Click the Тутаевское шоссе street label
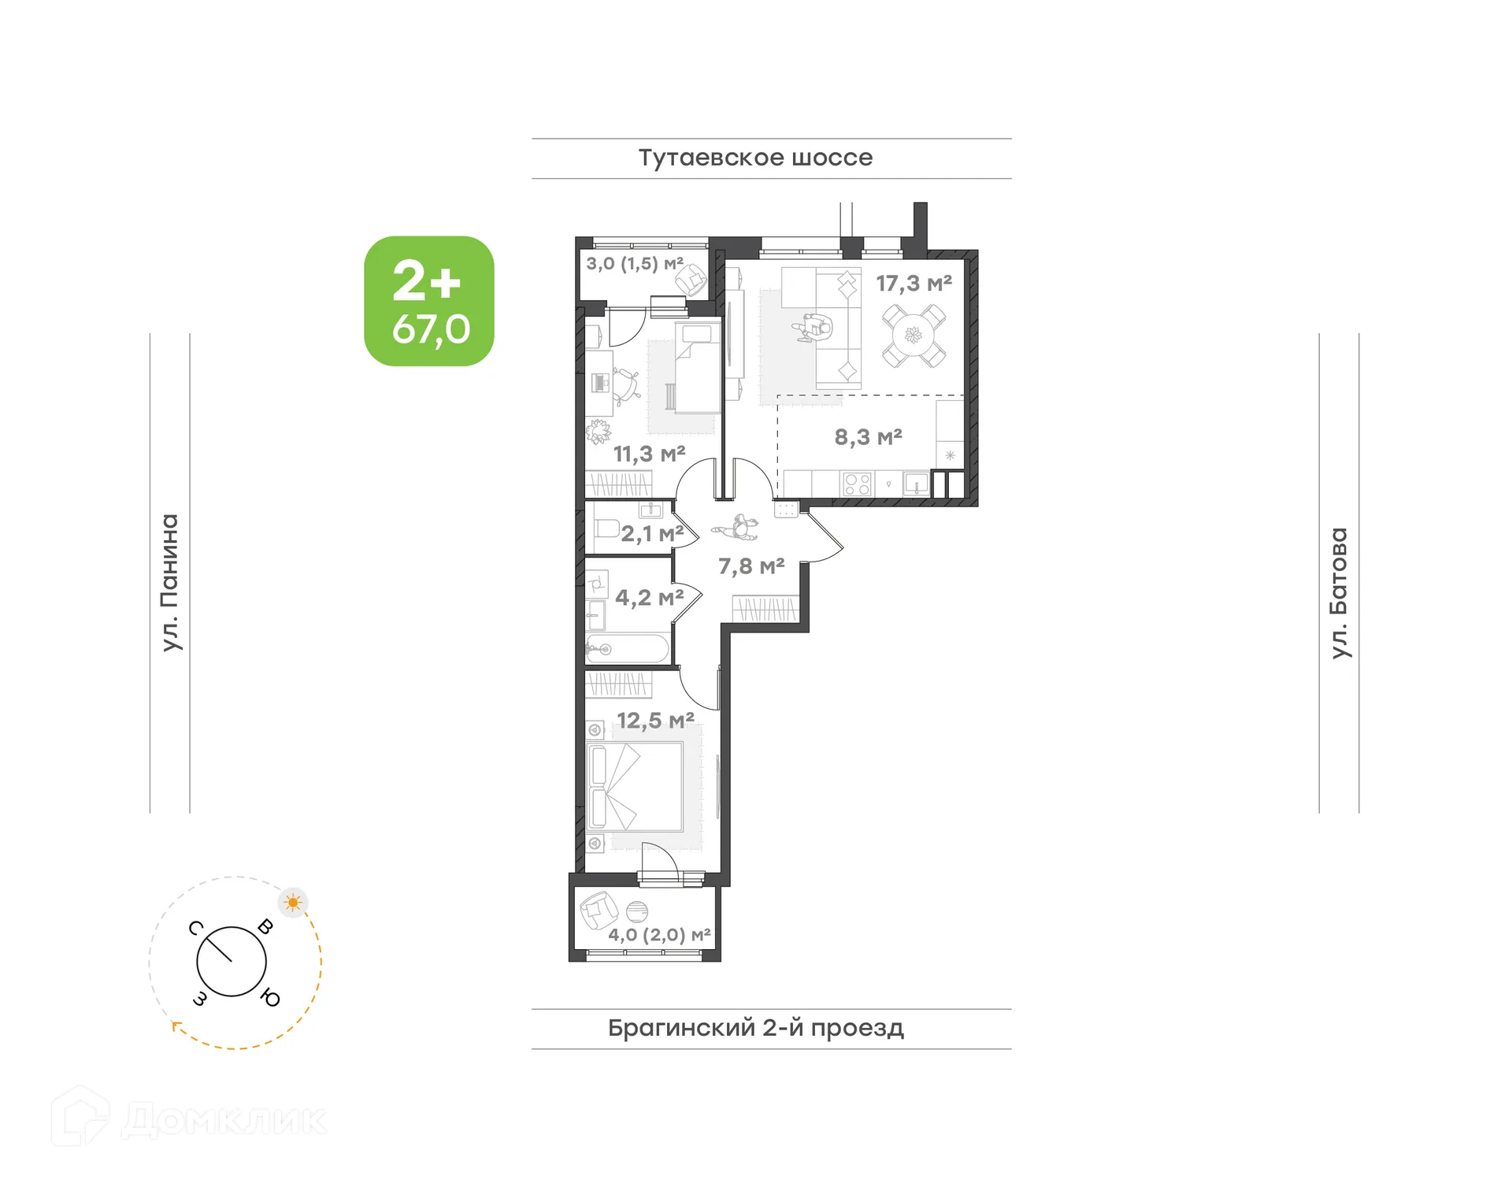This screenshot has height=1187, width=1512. coord(755,158)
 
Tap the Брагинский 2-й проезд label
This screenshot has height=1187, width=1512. coord(755,1028)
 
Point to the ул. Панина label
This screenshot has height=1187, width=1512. coord(170,583)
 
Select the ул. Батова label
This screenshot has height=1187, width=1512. coord(1339,592)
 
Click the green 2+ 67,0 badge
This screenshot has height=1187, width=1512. coord(429,301)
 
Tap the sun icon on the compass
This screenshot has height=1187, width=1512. coord(293,902)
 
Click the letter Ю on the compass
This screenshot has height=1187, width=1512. coord(270,997)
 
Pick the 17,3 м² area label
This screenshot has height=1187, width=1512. coord(913,284)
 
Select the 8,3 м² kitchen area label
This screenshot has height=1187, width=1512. coord(868,437)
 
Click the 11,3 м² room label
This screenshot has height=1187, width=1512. coord(649,454)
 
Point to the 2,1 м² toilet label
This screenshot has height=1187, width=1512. coord(652,534)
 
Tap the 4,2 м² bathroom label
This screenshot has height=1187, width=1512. coord(649,598)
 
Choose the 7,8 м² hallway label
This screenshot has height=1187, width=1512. coord(751,566)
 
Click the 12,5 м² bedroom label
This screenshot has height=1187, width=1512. coord(655,721)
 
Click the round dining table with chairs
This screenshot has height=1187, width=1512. coord(913,336)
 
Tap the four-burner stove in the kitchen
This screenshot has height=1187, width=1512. coord(857,484)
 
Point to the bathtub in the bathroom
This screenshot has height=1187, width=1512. coord(628,649)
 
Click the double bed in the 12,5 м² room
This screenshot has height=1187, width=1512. coord(636,786)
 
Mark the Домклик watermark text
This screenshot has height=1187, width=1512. coord(224,1120)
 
